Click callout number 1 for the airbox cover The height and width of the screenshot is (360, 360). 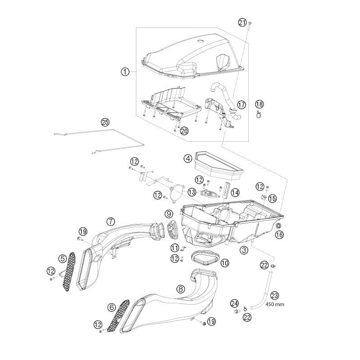click(125, 72)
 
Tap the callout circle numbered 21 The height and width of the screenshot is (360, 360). click(243, 22)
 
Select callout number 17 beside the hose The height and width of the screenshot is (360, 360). click(241, 104)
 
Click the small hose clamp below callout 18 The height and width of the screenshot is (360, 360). click(259, 115)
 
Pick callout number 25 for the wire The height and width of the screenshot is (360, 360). click(105, 122)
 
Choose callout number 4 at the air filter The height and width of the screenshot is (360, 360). click(188, 158)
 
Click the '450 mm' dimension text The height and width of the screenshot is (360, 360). click(274, 304)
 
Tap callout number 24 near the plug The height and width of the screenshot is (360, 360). click(234, 303)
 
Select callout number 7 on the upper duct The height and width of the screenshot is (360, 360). click(111, 221)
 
